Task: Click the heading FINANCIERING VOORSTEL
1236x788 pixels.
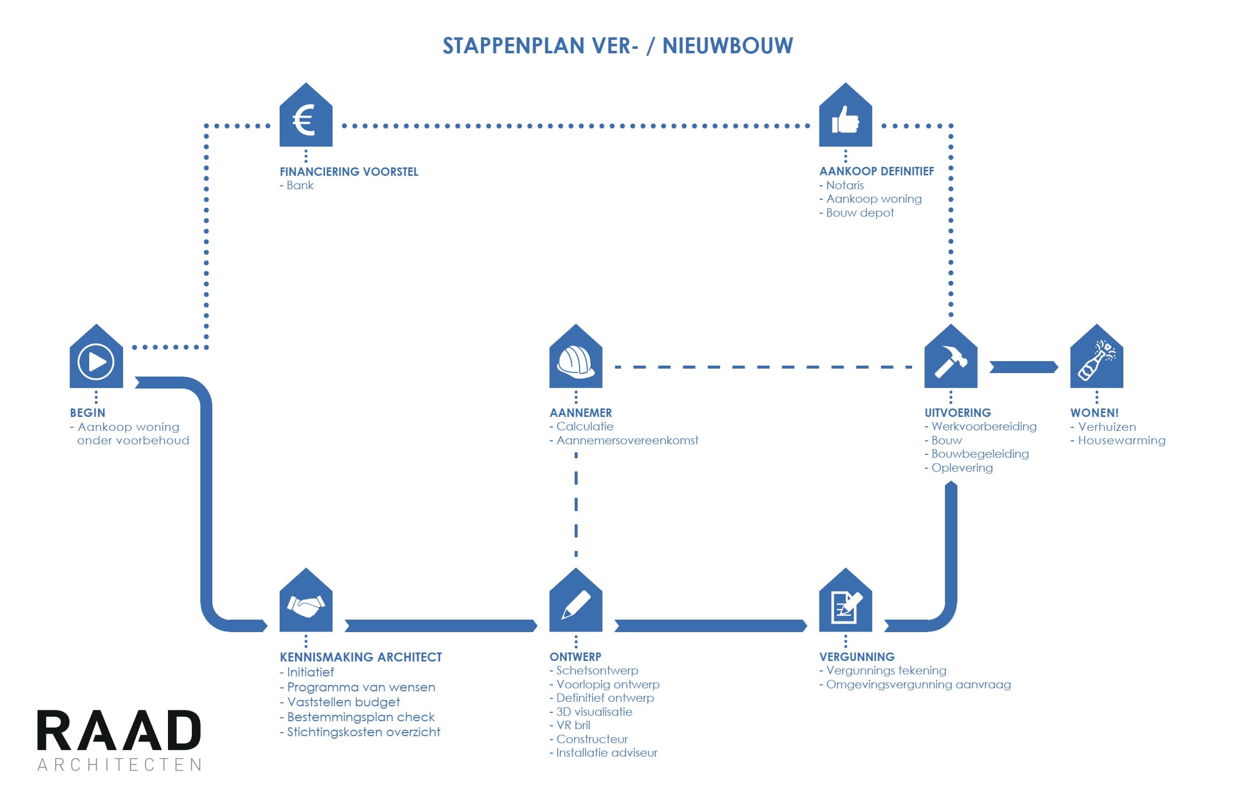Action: [x=348, y=171]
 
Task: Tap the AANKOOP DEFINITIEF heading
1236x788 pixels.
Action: [x=876, y=171]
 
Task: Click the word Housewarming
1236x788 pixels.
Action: [x=1121, y=440]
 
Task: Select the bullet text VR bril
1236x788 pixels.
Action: [x=573, y=725]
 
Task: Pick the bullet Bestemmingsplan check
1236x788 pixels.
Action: [x=360, y=717]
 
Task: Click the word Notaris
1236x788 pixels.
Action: [x=844, y=185]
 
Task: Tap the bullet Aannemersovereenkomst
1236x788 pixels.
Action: [x=627, y=440]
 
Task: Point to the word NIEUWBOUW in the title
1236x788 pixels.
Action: [x=727, y=46]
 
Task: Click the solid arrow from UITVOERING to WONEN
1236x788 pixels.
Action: [x=1023, y=367]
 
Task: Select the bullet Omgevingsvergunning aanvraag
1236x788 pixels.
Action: [x=918, y=684]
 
